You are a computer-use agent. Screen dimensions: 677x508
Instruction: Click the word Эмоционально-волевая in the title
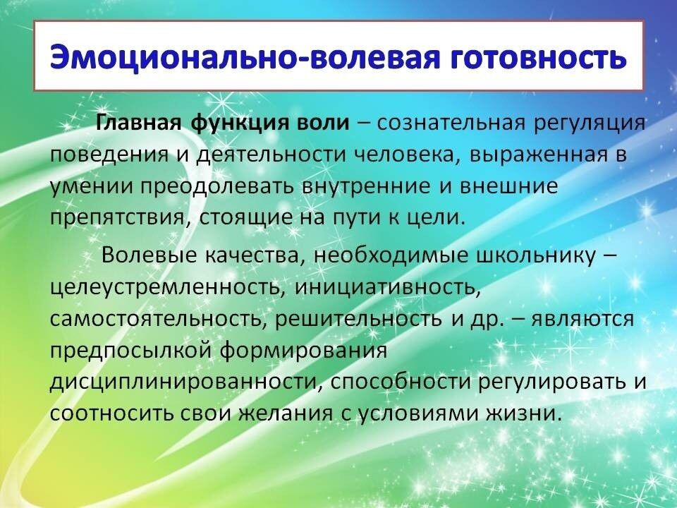pos(245,56)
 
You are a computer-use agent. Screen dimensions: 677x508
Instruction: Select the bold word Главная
pos(138,123)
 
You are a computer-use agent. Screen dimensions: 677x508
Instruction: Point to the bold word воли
pos(324,123)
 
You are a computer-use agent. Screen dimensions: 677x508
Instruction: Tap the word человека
pos(407,155)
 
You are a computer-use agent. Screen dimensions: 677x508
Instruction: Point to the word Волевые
pos(149,255)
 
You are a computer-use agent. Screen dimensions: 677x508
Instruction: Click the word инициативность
pos(388,287)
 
